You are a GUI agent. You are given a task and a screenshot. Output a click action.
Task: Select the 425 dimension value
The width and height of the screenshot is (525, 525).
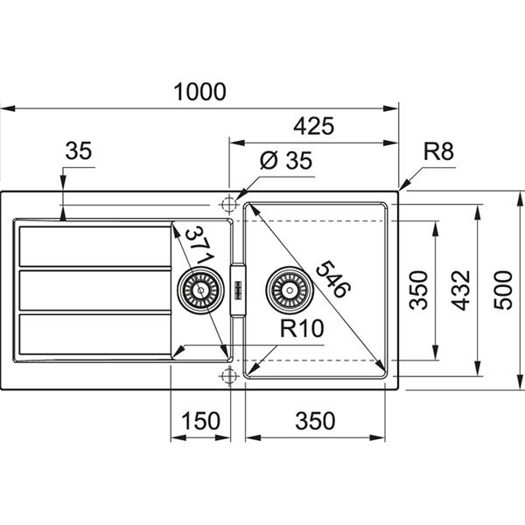click(x=314, y=126)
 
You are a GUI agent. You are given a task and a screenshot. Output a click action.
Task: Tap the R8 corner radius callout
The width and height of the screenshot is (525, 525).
click(x=437, y=153)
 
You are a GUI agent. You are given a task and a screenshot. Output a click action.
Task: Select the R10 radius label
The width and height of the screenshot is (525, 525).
click(x=303, y=329)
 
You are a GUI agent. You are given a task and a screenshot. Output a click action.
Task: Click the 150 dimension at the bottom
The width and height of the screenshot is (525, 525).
click(x=200, y=421)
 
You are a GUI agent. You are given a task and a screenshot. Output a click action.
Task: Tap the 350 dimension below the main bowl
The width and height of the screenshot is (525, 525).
click(x=315, y=421)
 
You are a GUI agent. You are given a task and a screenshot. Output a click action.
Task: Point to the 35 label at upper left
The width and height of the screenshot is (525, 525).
click(x=78, y=151)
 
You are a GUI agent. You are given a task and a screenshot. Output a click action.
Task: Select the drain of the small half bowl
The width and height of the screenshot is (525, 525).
click(x=197, y=288)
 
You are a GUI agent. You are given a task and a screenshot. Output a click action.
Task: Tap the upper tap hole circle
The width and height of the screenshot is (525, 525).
click(x=230, y=204)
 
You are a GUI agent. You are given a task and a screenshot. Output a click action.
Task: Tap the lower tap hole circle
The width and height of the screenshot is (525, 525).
click(x=230, y=376)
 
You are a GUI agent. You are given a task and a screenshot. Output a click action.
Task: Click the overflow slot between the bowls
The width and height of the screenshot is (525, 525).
click(x=236, y=288)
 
